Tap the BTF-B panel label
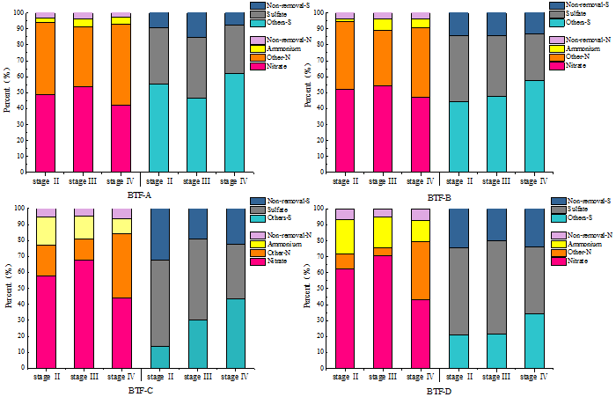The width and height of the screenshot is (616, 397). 436,198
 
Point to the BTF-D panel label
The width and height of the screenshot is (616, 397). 437,390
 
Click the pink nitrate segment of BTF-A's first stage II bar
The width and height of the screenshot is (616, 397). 46,132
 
